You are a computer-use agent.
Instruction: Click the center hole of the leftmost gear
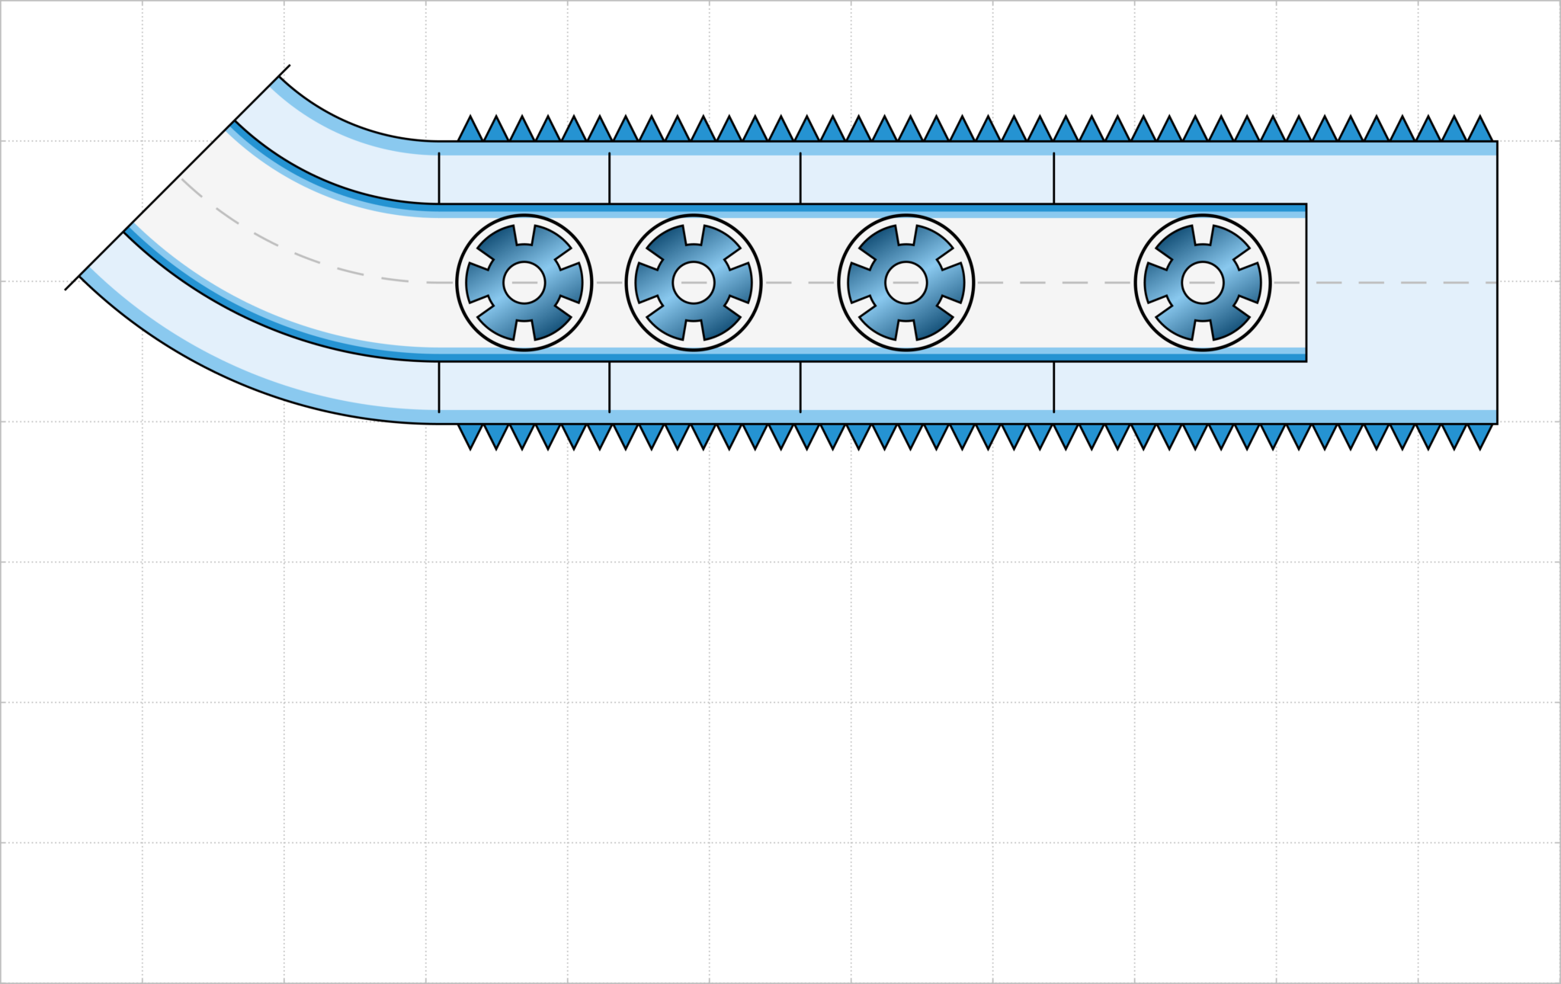(524, 282)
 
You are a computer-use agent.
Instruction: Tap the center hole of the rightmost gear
(1203, 282)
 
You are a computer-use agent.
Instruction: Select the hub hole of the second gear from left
(694, 282)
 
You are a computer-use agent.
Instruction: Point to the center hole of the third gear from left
(906, 282)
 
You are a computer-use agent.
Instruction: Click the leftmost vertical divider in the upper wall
(439, 178)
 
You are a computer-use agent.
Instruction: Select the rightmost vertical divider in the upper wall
(1054, 178)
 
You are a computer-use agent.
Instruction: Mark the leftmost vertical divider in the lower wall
(439, 386)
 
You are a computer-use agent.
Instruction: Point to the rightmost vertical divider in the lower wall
(1054, 386)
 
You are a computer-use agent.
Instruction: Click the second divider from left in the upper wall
(610, 178)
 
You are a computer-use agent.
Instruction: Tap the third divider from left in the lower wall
(800, 386)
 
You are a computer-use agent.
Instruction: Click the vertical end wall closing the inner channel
(1306, 282)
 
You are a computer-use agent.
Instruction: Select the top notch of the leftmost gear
(524, 234)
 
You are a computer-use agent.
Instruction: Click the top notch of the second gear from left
(694, 234)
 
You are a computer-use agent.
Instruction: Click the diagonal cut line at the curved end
(178, 177)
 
